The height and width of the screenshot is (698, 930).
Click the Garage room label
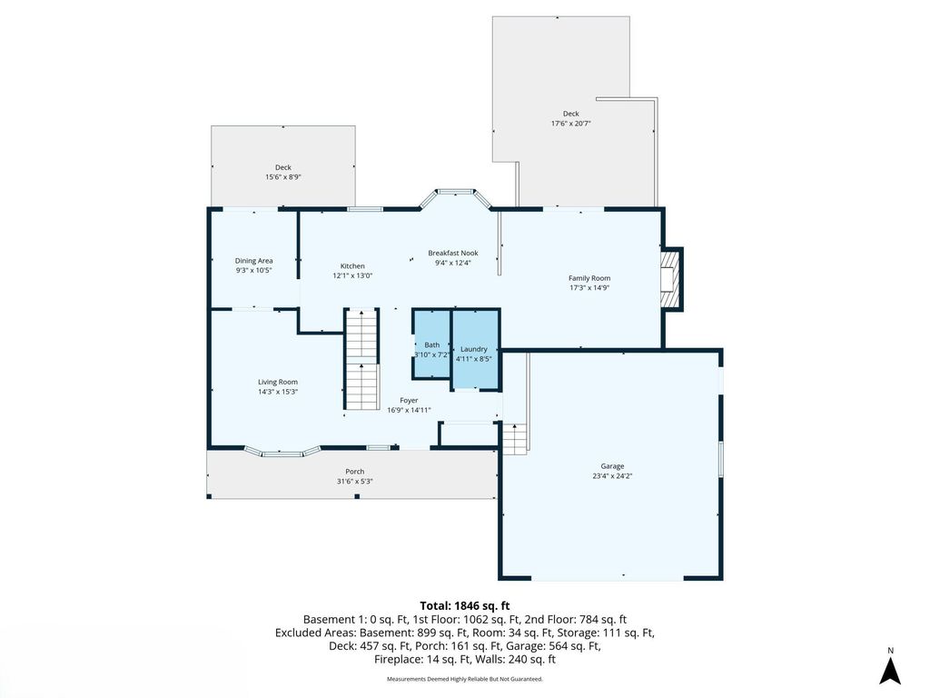click(611, 466)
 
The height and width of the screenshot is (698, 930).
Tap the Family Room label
click(589, 278)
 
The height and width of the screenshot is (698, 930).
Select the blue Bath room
click(432, 346)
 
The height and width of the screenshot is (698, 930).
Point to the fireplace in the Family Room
click(670, 278)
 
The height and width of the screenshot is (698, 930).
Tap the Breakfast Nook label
click(453, 254)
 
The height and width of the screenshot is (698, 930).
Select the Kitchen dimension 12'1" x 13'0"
click(351, 275)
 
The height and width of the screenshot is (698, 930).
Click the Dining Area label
click(253, 261)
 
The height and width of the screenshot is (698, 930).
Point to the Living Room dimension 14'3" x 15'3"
click(278, 392)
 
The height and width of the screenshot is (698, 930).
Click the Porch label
click(354, 472)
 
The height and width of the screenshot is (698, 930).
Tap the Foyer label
click(409, 400)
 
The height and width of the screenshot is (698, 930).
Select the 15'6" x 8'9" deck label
click(283, 177)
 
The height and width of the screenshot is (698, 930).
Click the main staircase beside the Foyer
click(362, 359)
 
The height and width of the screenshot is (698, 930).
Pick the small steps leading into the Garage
click(515, 439)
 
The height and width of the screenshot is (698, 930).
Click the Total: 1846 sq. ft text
click(464, 605)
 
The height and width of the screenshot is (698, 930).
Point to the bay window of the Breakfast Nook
click(454, 194)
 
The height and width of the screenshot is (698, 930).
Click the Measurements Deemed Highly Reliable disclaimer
click(464, 679)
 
